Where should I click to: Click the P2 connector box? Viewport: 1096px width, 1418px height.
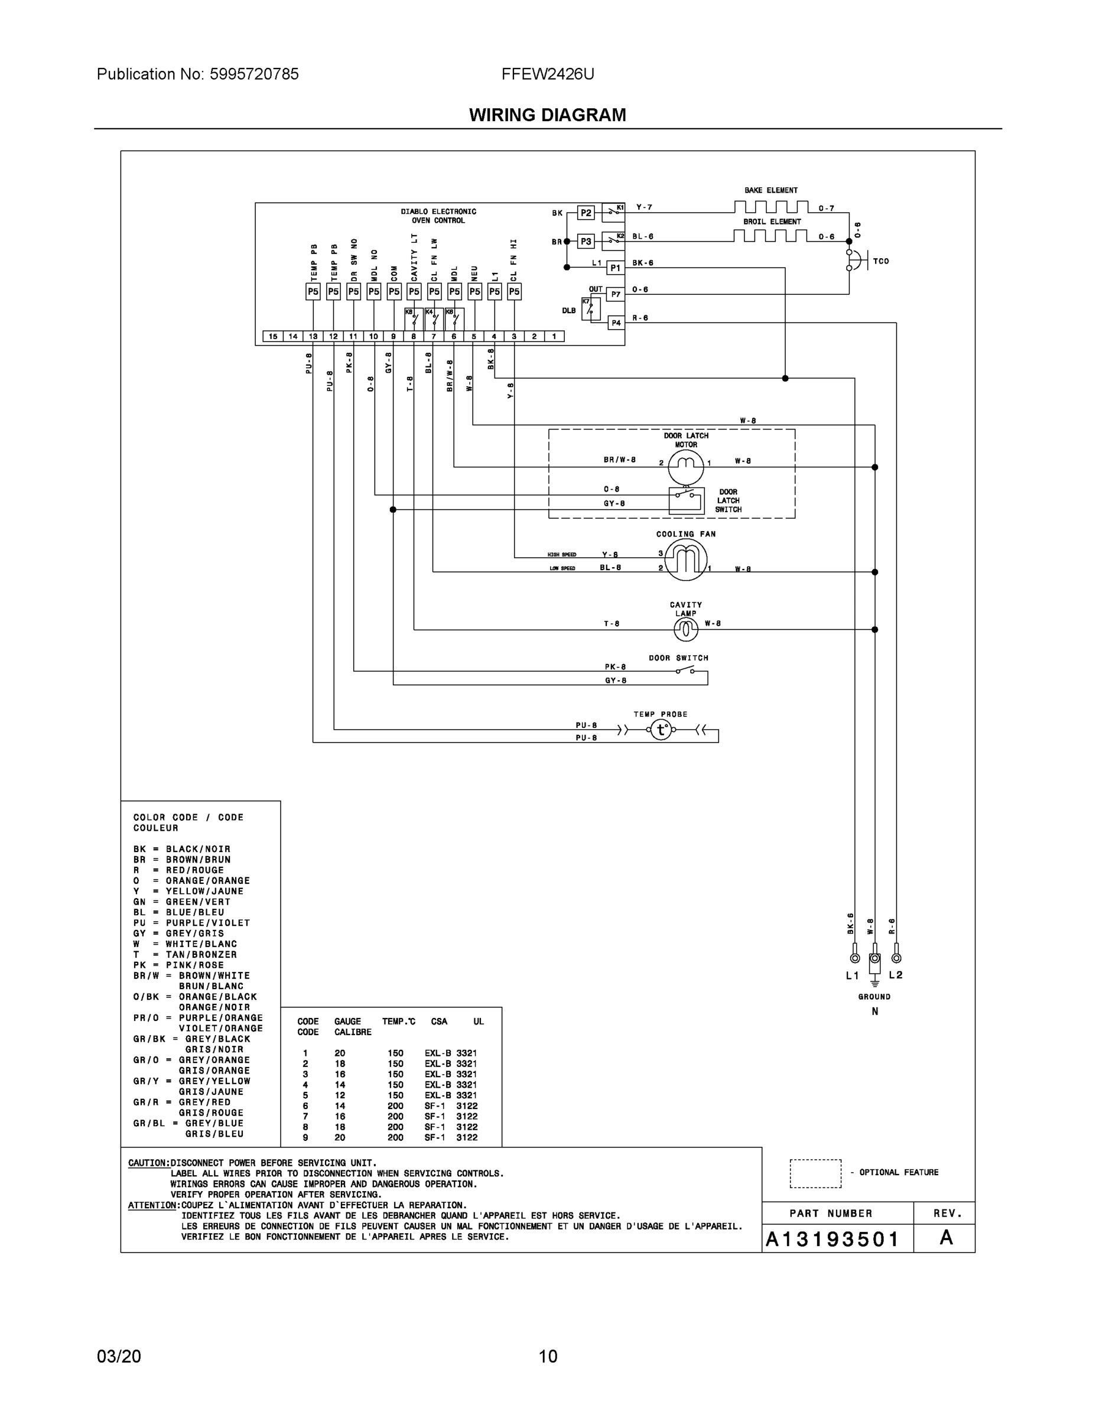click(586, 213)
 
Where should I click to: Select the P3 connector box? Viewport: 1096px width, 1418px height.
click(586, 242)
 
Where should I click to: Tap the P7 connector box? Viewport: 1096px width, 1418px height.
click(616, 294)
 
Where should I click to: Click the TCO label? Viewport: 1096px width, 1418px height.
click(880, 261)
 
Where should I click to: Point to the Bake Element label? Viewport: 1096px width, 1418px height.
click(770, 190)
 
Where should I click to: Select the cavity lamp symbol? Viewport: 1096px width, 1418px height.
click(685, 628)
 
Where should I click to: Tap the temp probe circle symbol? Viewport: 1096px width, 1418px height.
click(661, 730)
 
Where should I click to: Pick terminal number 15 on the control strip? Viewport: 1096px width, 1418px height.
click(273, 336)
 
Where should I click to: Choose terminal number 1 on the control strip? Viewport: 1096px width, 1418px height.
click(554, 336)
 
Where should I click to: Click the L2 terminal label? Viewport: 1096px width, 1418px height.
click(895, 975)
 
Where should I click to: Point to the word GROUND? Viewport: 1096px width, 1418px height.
click(874, 997)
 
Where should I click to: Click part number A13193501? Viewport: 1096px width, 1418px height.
click(832, 1240)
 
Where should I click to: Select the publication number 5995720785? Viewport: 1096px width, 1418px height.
click(254, 74)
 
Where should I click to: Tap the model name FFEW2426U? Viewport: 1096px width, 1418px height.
click(547, 74)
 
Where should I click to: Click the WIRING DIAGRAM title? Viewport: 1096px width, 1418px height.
click(547, 115)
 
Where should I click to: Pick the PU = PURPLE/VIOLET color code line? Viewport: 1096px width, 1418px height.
click(191, 923)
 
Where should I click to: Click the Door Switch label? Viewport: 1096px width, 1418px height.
click(678, 658)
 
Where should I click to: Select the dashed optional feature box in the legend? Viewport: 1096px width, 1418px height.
click(815, 1173)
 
